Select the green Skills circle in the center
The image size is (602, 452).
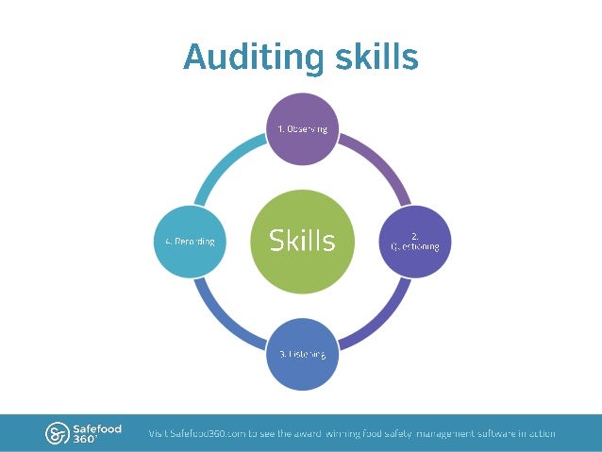coord(302,240)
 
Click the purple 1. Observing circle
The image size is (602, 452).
coord(302,129)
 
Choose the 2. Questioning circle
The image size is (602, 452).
coord(414,241)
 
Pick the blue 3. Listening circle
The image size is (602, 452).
coord(302,354)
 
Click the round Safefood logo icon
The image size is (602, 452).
coord(57,433)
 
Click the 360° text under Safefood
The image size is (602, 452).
coord(85,440)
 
